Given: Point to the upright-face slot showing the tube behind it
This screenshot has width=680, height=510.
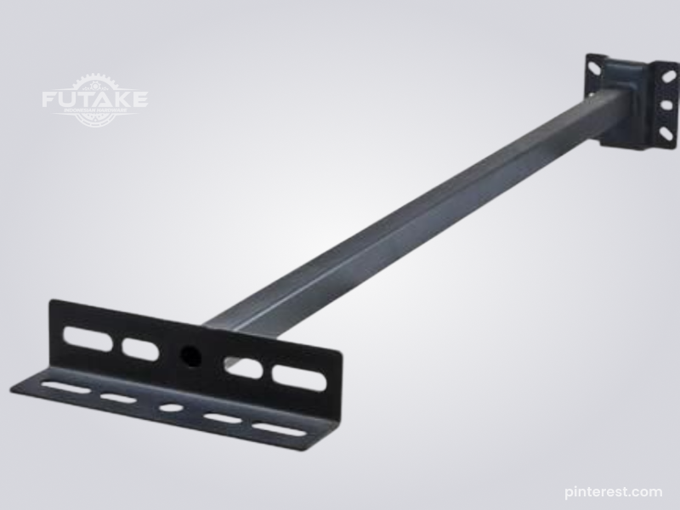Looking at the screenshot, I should pos(244,367).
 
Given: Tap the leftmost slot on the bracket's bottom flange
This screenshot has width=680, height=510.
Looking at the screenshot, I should pos(66,388).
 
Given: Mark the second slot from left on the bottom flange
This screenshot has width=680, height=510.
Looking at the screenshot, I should pos(118,398).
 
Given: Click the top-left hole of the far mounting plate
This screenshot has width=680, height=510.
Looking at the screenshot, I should pos(596,63).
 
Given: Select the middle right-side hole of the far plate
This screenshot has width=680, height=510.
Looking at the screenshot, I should pos(666,105).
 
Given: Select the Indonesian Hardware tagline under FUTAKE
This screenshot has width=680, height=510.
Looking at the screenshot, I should pos(94,113).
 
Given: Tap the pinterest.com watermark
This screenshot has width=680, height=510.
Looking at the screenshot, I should pos(613,490).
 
